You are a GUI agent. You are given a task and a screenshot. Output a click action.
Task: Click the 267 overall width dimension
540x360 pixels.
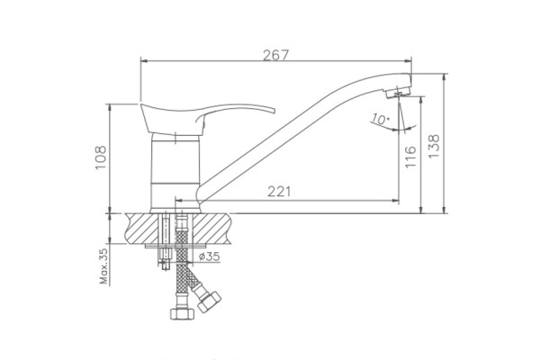pyautogui.click(x=275, y=55)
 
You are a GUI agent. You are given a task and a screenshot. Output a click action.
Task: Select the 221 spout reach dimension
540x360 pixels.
pyautogui.click(x=279, y=192)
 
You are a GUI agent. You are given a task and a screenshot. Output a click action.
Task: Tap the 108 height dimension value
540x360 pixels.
pyautogui.click(x=101, y=157)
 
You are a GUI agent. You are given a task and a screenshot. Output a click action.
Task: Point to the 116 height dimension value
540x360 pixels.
pyautogui.click(x=410, y=157)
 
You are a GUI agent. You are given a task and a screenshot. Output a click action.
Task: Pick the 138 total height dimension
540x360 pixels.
pyautogui.click(x=434, y=146)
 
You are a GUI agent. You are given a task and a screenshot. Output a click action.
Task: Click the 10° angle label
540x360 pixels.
pyautogui.click(x=380, y=119)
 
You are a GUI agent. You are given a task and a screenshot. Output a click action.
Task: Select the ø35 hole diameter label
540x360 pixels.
pyautogui.click(x=210, y=256)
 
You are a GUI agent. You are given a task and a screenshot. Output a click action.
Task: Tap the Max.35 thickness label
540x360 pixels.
pyautogui.click(x=104, y=266)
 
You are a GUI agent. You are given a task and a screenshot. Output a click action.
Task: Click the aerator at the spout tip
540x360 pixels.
pyautogui.click(x=398, y=93)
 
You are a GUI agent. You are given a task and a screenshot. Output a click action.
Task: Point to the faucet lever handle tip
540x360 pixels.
pyautogui.click(x=274, y=111)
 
